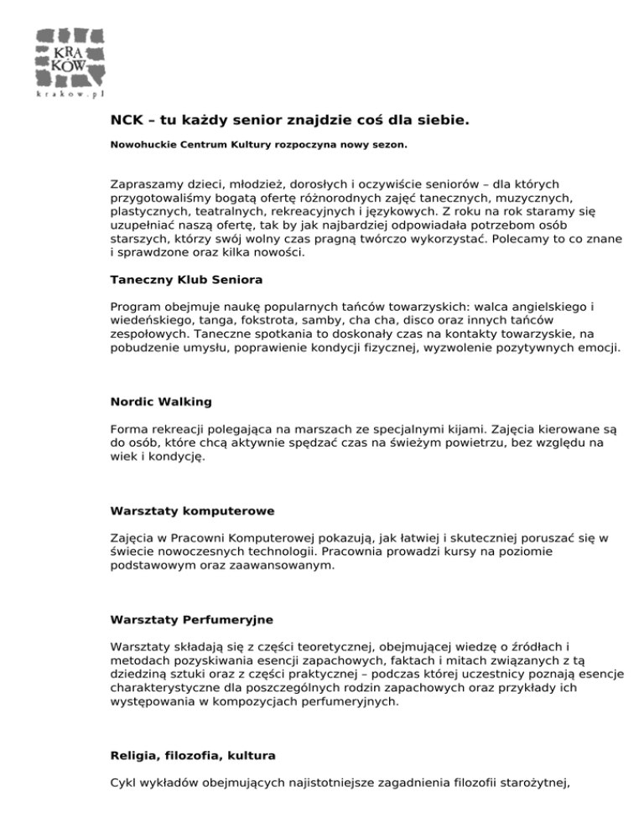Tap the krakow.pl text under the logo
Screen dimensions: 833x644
click(x=70, y=94)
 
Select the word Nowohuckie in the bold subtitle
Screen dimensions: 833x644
click(x=142, y=145)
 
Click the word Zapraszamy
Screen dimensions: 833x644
click(x=145, y=183)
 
